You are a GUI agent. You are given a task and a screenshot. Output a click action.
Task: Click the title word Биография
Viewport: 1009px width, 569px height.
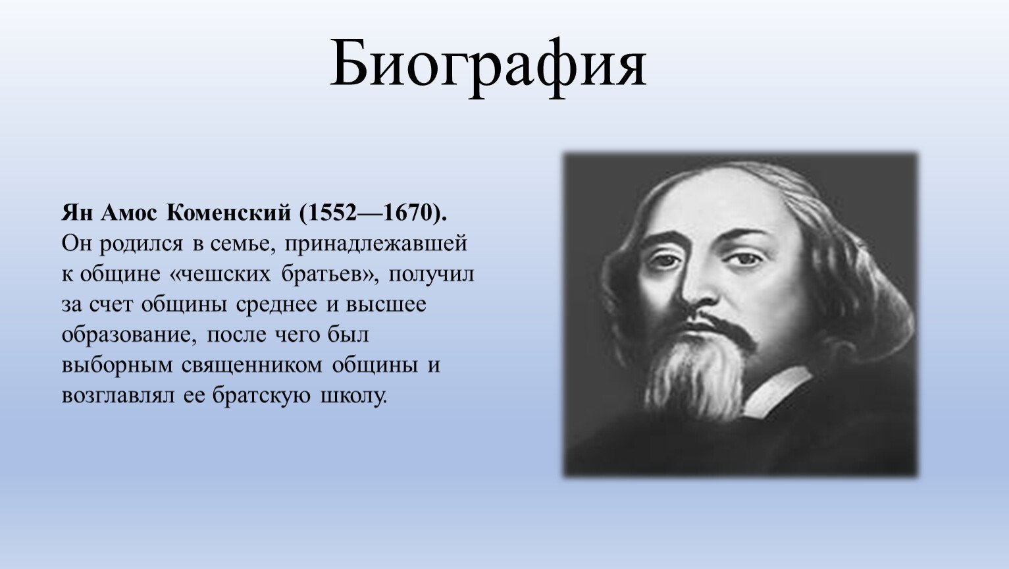click(488, 65)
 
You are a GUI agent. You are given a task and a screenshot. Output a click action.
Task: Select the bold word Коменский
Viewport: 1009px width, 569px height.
click(229, 213)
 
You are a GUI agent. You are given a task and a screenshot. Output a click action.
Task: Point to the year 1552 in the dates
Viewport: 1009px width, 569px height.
click(332, 213)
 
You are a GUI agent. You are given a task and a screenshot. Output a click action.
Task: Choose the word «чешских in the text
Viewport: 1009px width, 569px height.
click(220, 275)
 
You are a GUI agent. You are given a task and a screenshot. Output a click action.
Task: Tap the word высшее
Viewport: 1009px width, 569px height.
click(386, 305)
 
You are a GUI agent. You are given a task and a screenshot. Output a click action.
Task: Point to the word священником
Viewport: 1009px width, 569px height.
click(252, 366)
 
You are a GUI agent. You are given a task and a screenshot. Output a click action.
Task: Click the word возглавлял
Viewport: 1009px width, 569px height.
click(118, 396)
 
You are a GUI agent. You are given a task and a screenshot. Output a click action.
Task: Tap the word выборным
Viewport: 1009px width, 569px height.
click(117, 366)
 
